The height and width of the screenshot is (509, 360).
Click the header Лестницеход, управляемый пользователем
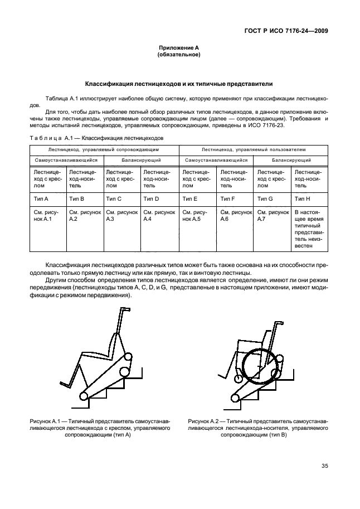254,149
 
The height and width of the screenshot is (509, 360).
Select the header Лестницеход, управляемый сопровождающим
104,149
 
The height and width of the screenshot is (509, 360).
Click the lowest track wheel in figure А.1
84,396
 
